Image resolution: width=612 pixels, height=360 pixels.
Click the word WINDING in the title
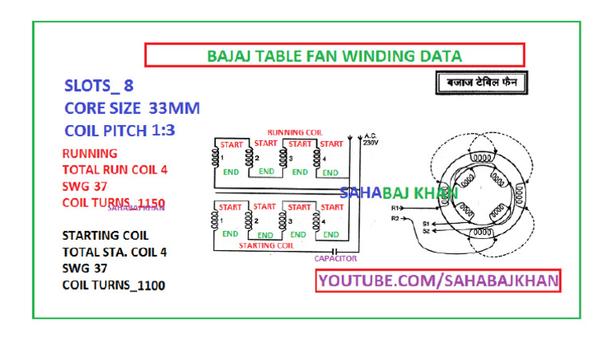tap(359, 57)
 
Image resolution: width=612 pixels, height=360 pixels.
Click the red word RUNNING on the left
tap(90, 153)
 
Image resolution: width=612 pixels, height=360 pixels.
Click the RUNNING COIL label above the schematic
tap(296, 132)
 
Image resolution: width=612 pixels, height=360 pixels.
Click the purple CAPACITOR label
tap(335, 259)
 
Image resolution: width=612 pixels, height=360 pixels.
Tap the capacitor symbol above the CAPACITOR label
tap(335, 249)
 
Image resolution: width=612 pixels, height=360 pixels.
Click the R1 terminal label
tap(394, 208)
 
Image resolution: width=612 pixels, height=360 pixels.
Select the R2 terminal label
tap(394, 217)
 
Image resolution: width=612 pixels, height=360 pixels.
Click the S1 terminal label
tap(426, 224)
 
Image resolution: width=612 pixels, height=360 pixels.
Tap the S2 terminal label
tap(426, 231)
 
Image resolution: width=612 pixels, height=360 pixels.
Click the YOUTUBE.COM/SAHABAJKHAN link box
tap(439, 280)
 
